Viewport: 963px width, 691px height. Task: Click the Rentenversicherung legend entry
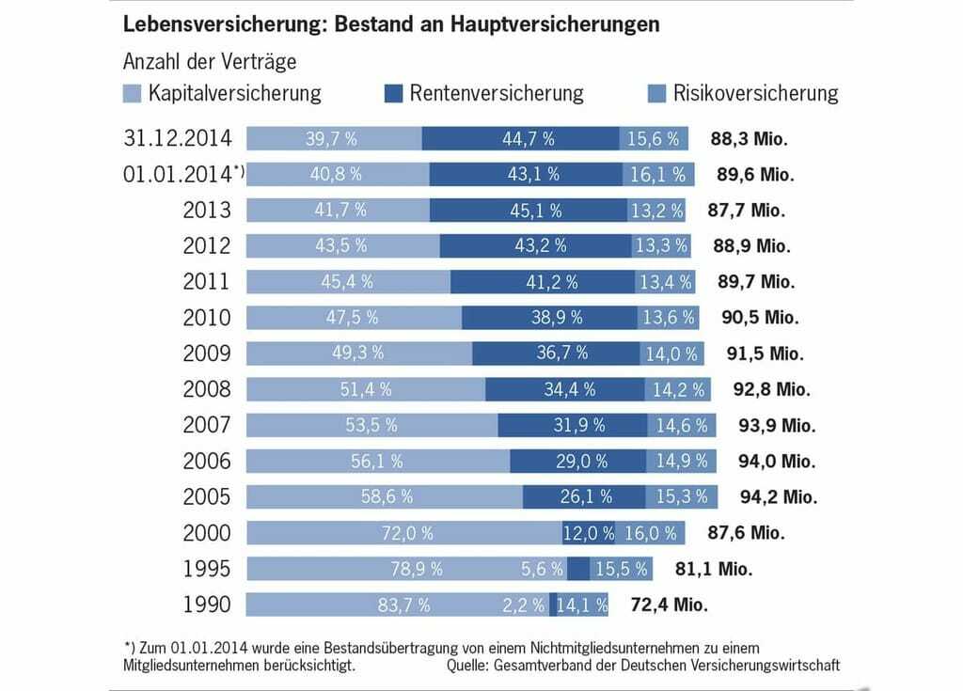(x=496, y=93)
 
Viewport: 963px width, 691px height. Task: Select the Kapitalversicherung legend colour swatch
(x=133, y=93)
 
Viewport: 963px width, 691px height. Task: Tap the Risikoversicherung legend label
(x=755, y=93)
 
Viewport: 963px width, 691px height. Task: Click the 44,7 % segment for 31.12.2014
(x=520, y=138)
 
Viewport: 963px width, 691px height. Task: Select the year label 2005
(x=207, y=496)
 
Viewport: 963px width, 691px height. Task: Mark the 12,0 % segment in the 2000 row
(x=589, y=533)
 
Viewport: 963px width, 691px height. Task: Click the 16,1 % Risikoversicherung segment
(x=658, y=174)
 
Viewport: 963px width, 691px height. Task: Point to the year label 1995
(x=207, y=569)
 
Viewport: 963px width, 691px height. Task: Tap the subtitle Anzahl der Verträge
(x=210, y=62)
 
